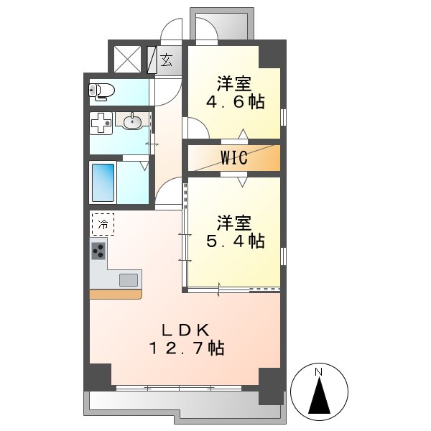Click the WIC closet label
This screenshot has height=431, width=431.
234,157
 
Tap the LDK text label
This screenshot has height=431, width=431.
186,330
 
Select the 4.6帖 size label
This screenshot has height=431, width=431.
236,102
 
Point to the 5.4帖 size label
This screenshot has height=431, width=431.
236,241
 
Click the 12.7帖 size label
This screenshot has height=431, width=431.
186,348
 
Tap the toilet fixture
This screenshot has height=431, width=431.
101,91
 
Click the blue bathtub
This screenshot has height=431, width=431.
103,182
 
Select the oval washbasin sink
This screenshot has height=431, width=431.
133,121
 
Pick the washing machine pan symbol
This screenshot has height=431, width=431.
101,123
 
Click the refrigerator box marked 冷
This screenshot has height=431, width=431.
103,224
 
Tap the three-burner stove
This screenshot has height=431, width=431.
98,251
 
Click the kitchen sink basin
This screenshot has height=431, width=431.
129,280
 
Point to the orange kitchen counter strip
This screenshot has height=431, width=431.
116,295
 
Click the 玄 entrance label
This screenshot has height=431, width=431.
167,60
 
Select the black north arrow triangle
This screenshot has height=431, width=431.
319,395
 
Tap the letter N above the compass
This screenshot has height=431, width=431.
318,372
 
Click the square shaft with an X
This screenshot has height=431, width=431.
127,60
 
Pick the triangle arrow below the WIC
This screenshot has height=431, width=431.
242,182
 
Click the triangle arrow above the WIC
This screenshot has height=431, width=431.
243,134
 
